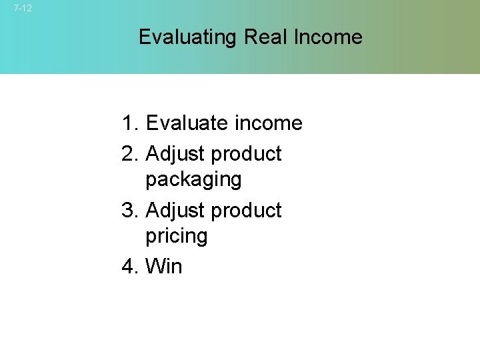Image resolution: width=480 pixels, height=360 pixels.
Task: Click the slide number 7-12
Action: [22, 9]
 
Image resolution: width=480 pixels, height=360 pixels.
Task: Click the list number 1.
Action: [129, 123]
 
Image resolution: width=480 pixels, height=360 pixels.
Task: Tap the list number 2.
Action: [129, 154]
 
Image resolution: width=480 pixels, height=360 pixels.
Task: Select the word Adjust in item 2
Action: [175, 155]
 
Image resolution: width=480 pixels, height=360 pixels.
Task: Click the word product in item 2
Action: [246, 155]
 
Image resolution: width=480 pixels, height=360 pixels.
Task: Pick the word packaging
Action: [193, 180]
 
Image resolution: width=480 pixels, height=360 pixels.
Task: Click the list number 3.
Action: [129, 211]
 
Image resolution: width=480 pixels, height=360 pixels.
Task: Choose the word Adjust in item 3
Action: [175, 211]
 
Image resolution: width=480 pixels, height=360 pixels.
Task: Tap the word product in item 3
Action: [246, 211]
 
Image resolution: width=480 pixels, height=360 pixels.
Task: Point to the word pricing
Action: [177, 237]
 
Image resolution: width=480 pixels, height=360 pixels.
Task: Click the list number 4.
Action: [129, 267]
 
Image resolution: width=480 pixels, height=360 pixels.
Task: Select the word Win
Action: [163, 267]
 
